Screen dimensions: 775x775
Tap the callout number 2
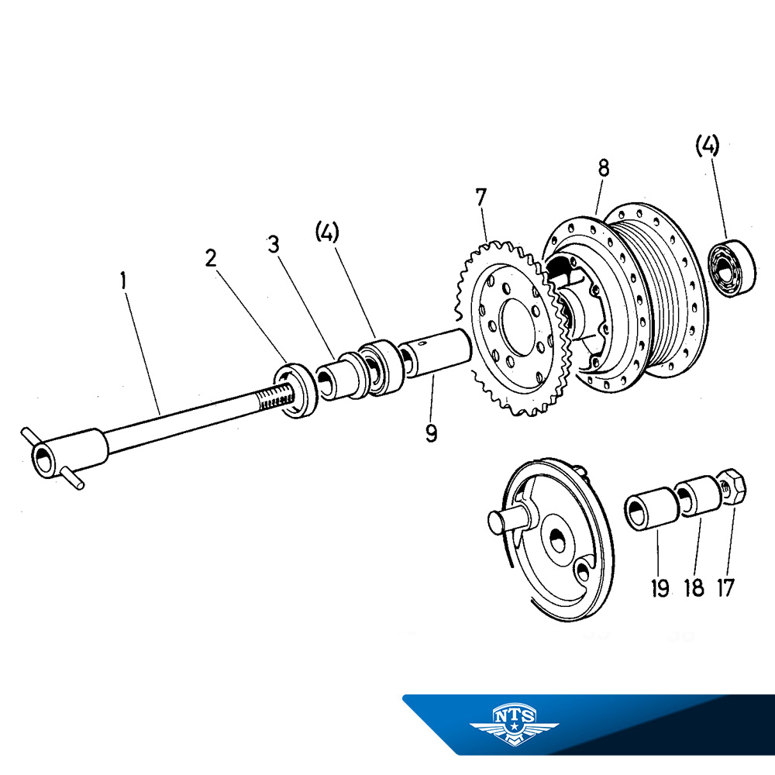pyautogui.click(x=211, y=258)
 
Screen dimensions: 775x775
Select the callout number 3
pyautogui.click(x=272, y=244)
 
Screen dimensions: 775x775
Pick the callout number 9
pyautogui.click(x=431, y=432)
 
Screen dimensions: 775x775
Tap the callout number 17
pyautogui.click(x=725, y=587)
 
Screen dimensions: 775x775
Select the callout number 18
pyautogui.click(x=694, y=587)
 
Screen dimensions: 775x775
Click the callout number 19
pyautogui.click(x=660, y=587)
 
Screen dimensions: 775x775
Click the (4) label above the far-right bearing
pyautogui.click(x=707, y=145)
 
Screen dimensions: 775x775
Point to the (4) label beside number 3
pyautogui.click(x=327, y=232)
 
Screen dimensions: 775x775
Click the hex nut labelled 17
pyautogui.click(x=732, y=487)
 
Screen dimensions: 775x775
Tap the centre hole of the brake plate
pyautogui.click(x=556, y=542)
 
